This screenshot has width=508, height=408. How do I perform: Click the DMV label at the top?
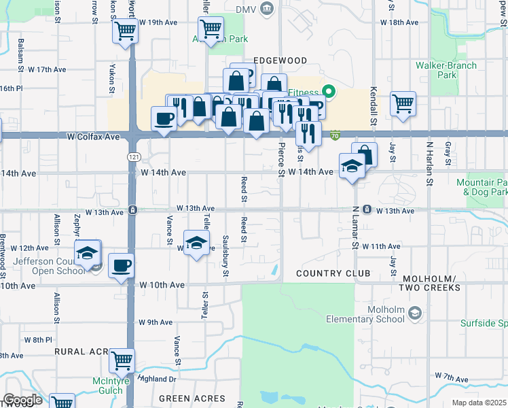[244, 10]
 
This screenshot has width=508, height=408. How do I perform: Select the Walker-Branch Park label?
[446, 70]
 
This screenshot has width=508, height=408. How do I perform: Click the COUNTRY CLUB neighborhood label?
[333, 273]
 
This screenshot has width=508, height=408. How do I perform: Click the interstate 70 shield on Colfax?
[335, 137]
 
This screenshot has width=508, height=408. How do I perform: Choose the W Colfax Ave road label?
[93, 137]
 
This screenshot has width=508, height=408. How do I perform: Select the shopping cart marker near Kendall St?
[403, 103]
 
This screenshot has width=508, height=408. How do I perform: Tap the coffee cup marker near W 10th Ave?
[121, 265]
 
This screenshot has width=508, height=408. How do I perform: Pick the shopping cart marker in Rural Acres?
[122, 360]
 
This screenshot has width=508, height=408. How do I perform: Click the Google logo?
[22, 401]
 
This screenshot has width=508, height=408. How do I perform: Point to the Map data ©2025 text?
[479, 403]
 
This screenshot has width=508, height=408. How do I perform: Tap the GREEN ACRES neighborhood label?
[192, 398]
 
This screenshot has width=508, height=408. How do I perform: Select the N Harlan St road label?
[429, 163]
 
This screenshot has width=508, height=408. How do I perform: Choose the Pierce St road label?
[280, 160]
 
